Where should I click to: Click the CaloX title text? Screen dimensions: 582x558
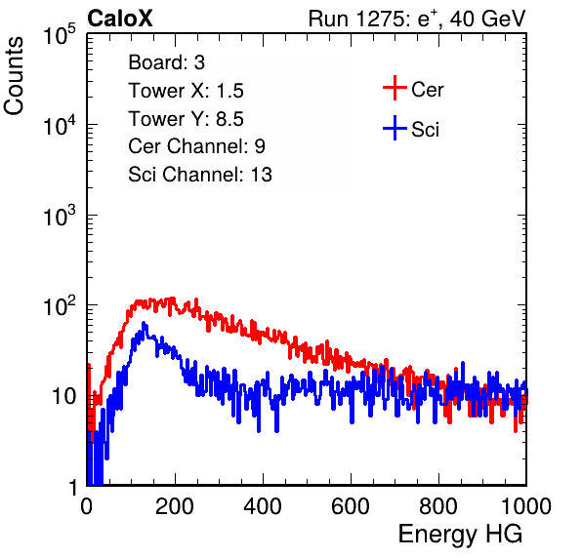point(119,19)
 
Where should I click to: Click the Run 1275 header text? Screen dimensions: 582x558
point(417,19)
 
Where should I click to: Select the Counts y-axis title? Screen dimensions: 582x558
point(14,76)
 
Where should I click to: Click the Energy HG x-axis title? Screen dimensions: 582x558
point(460,535)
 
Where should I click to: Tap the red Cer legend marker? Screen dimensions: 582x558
point(395,88)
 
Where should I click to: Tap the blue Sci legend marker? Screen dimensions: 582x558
point(395,128)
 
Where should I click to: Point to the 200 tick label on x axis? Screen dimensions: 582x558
point(175,506)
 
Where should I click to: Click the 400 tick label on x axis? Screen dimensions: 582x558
point(263,506)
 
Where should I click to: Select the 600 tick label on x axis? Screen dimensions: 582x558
point(351,506)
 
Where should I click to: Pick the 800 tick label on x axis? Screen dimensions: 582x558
point(438,506)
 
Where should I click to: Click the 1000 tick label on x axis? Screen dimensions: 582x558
point(526,506)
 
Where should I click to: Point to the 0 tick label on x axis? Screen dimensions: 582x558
point(86,506)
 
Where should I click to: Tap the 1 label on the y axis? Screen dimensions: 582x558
point(74,487)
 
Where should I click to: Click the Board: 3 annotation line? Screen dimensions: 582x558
point(167,62)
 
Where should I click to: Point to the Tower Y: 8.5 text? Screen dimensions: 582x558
point(186,119)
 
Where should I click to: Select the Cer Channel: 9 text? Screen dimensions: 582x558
point(196,146)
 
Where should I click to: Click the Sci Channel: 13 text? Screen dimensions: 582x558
point(200,175)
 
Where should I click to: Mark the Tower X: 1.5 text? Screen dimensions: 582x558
point(186,91)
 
